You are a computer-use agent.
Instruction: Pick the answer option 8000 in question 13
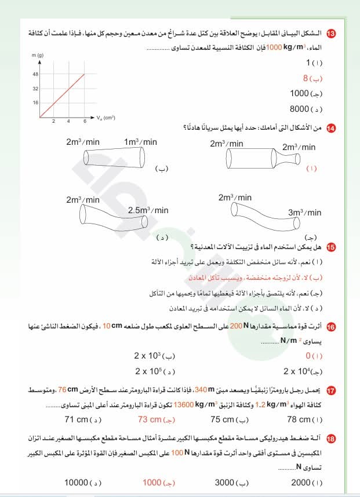[x=300, y=109]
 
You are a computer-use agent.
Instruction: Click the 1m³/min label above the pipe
[x=140, y=142]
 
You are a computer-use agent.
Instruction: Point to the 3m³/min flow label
[x=304, y=213]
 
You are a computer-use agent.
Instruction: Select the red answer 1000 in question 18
[x=152, y=482]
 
